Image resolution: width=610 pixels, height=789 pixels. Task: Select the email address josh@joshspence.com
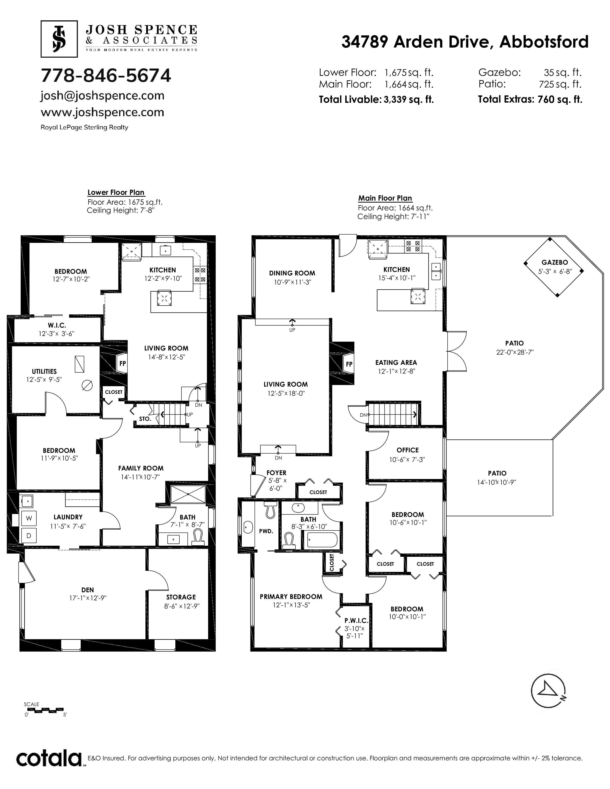(x=103, y=96)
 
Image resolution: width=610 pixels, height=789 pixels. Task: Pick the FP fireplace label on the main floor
(x=349, y=364)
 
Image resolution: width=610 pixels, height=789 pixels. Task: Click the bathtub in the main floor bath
(x=322, y=540)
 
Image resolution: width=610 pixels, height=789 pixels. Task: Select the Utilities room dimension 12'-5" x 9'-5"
(x=44, y=379)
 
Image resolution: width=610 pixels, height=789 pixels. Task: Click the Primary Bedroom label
(x=291, y=597)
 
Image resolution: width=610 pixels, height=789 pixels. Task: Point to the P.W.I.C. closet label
(x=356, y=621)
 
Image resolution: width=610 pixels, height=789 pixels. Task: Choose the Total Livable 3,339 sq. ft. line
(x=376, y=99)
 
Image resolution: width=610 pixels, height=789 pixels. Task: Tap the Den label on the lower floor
(x=88, y=590)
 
